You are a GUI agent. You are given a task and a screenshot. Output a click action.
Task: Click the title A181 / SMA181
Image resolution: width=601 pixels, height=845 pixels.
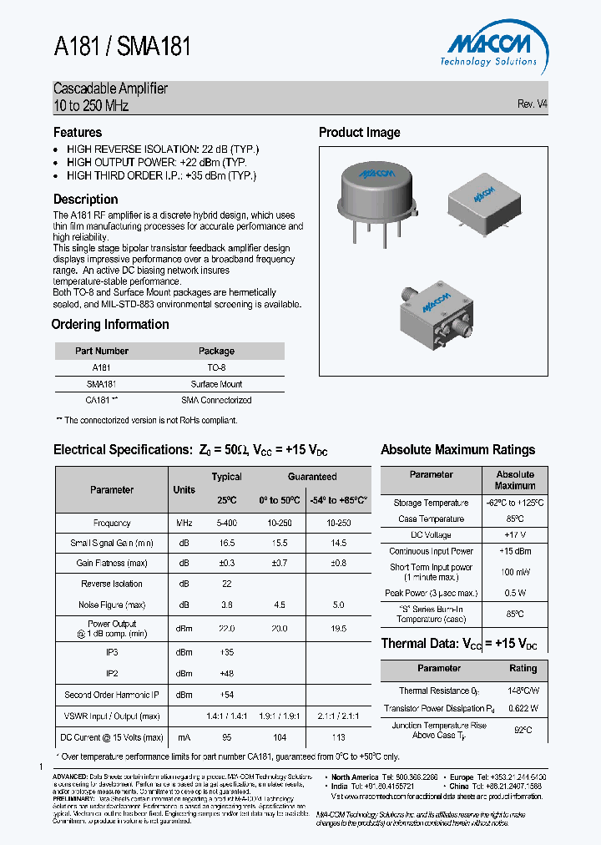[x=123, y=48]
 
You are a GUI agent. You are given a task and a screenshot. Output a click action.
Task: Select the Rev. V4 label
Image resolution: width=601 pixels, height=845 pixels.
[x=533, y=104]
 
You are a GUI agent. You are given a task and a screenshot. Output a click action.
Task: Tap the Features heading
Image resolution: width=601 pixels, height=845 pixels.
[x=78, y=133]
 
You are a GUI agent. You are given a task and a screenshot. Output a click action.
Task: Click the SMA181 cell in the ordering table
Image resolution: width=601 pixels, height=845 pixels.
[x=101, y=384]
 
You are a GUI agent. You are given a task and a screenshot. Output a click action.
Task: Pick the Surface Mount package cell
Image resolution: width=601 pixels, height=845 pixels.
[x=216, y=384]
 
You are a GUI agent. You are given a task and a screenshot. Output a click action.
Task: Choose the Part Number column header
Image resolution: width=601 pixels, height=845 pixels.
[x=101, y=352]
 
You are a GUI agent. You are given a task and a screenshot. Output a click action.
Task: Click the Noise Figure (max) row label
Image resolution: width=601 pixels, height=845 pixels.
[x=112, y=605]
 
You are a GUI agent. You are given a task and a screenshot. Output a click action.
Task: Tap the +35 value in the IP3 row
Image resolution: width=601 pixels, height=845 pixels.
[x=226, y=652]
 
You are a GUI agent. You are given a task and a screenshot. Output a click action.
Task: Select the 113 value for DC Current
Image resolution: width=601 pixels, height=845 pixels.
[x=339, y=737]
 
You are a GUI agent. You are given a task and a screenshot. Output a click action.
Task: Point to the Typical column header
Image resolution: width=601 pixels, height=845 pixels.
[x=226, y=477]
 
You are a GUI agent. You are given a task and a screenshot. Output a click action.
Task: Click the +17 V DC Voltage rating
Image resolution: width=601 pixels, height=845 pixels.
[x=514, y=534]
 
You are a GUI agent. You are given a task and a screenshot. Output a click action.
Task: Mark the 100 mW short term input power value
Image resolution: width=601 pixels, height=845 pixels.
[x=514, y=572]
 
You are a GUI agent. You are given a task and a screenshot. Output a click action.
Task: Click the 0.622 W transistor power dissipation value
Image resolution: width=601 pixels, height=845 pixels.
[x=523, y=708]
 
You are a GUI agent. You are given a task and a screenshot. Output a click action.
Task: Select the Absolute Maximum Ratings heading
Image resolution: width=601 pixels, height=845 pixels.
[x=457, y=450]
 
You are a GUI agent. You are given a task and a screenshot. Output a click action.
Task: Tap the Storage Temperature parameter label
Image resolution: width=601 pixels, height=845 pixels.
[x=431, y=503]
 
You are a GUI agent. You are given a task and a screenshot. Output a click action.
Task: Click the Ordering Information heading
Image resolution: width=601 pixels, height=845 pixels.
[x=110, y=325]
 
